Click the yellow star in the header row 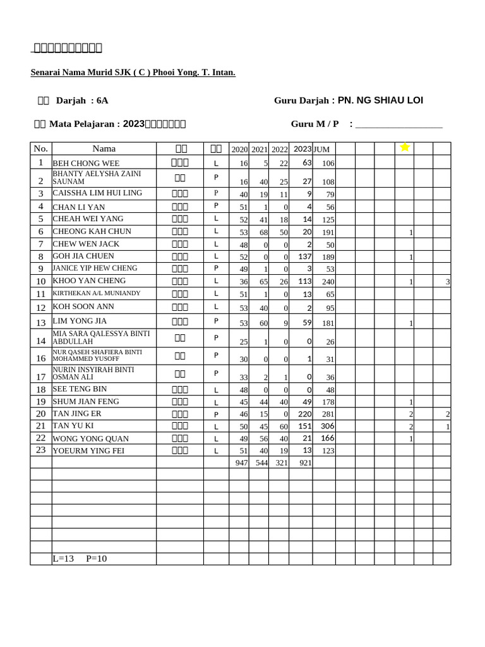point(405,147)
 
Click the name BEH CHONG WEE point(86,163)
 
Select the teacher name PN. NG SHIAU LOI point(380,100)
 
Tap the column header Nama point(104,148)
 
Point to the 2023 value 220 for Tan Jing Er point(305,414)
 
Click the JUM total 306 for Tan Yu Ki point(327,426)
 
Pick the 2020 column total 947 point(240,463)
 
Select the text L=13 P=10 point(80,559)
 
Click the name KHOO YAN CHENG point(89,281)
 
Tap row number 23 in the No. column point(41,450)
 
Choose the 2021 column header point(260,150)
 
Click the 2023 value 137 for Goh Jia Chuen point(305,257)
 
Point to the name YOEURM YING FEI point(90,450)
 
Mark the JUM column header point(322,150)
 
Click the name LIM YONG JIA point(80,321)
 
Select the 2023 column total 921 point(305,463)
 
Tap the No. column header point(41,148)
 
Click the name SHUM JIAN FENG point(86,401)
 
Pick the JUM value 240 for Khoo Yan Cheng point(328,282)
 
